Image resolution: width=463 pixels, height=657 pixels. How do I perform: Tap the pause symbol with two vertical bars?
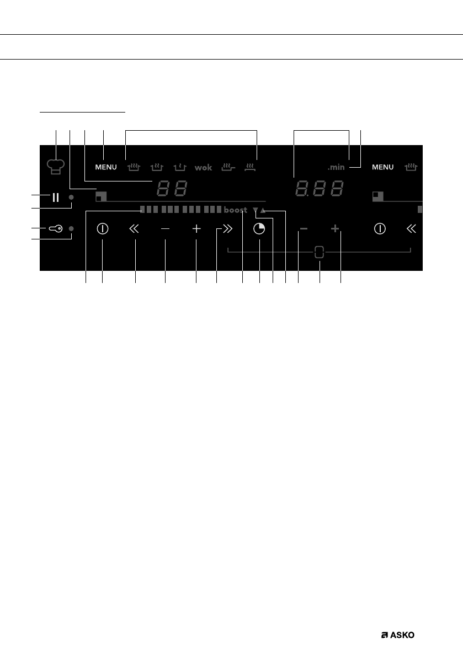coord(55,197)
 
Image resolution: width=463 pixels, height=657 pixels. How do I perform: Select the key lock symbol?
coord(56,229)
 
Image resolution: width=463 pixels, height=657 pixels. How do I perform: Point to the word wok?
coord(203,167)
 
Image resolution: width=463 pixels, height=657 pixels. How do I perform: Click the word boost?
coord(236,210)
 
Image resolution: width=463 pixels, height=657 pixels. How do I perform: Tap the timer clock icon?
coord(259,229)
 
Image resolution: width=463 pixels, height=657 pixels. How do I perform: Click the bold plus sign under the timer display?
coord(335,228)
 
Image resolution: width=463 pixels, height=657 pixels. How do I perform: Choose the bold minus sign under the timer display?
coord(304,228)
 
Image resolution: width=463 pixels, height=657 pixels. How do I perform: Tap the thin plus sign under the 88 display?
coord(196,229)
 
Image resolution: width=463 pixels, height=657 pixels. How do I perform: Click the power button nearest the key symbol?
coord(102,229)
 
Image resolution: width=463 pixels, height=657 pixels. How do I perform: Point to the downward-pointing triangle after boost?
coord(255,210)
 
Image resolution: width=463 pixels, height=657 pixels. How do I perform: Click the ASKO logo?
coord(397,635)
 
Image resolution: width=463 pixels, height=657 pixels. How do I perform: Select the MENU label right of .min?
coord(383,167)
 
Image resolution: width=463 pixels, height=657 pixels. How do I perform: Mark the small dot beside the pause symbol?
coord(71,197)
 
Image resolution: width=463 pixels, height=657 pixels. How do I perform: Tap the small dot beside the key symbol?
coord(71,228)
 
